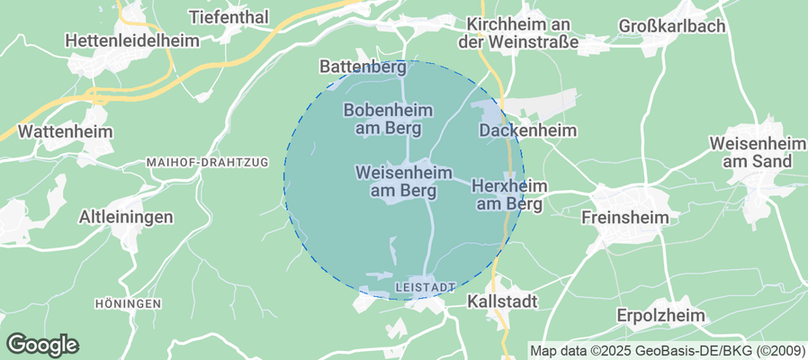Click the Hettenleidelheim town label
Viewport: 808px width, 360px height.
point(130,40)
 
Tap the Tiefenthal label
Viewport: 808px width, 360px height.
point(229,17)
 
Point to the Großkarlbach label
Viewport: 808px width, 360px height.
point(672,26)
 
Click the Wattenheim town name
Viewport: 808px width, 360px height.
point(66,131)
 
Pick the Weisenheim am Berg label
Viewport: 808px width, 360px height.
point(404,181)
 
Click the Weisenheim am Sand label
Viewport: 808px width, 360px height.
point(750,152)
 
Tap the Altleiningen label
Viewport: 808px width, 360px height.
point(126,217)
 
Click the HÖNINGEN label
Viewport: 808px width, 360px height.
point(128,304)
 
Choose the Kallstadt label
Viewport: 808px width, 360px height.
point(503,302)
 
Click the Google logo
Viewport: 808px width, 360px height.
point(42,344)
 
